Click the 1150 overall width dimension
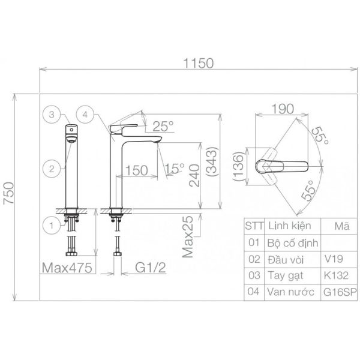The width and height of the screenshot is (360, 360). pos(199,64)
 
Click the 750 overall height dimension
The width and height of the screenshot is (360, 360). pos(9,193)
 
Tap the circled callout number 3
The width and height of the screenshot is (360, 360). pos(52,115)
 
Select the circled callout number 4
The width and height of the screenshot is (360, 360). pos(85,115)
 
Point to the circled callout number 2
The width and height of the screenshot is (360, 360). pos(52,169)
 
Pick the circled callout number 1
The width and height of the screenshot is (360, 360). pos(52,225)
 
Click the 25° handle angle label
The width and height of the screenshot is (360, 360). pos(163,126)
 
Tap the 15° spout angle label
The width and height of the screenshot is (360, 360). pos(175,168)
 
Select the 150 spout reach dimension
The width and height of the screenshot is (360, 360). pos(137,170)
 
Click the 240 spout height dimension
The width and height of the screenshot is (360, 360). pos(194,175)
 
